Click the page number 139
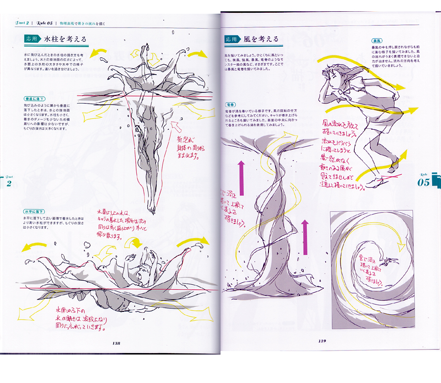(322, 341)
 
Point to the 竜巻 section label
(231, 105)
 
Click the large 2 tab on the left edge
(8, 183)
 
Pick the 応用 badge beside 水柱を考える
(32, 38)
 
